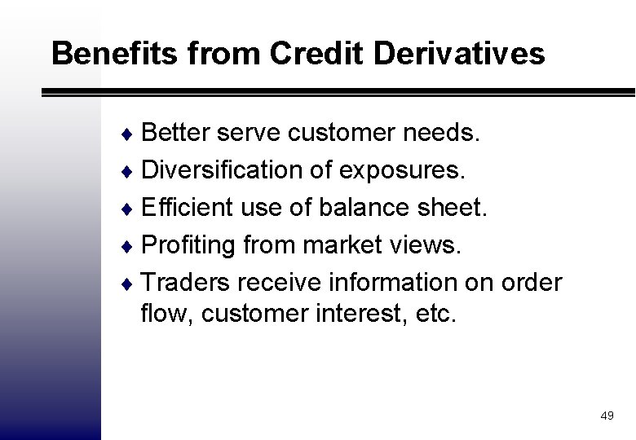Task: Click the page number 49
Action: click(x=606, y=416)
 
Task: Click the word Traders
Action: click(x=187, y=283)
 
